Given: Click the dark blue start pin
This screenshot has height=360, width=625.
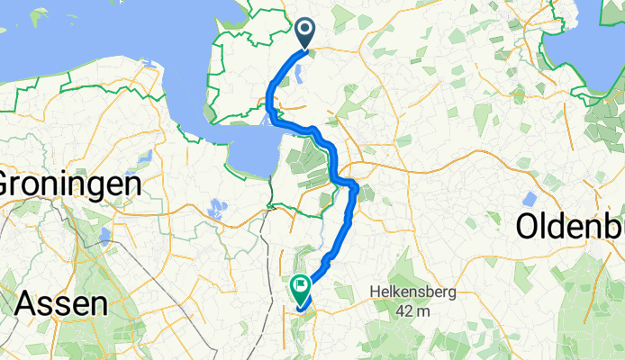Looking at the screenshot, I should pyautogui.click(x=304, y=34).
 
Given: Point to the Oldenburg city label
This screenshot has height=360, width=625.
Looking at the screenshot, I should pyautogui.click(x=571, y=229).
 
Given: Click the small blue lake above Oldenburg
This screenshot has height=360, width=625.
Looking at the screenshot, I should pyautogui.click(x=530, y=197).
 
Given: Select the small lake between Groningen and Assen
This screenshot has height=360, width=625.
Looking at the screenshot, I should pyautogui.click(x=105, y=238).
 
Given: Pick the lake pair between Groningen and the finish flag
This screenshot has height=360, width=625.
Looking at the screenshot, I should pyautogui.click(x=216, y=210).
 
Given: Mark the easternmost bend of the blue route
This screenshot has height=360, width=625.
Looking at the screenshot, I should pyautogui.click(x=357, y=188).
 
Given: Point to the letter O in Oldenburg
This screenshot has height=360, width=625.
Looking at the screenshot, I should pyautogui.click(x=530, y=229).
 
